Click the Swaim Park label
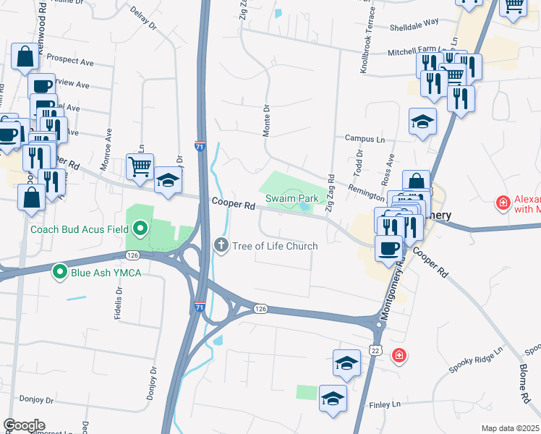tap(292, 197)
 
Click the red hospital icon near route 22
tap(398, 355)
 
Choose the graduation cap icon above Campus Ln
tap(422, 122)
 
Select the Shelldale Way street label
tap(414, 22)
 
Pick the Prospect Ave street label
tap(67, 56)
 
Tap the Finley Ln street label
tap(385, 406)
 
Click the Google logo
tap(25, 425)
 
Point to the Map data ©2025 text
tap(510, 428)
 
